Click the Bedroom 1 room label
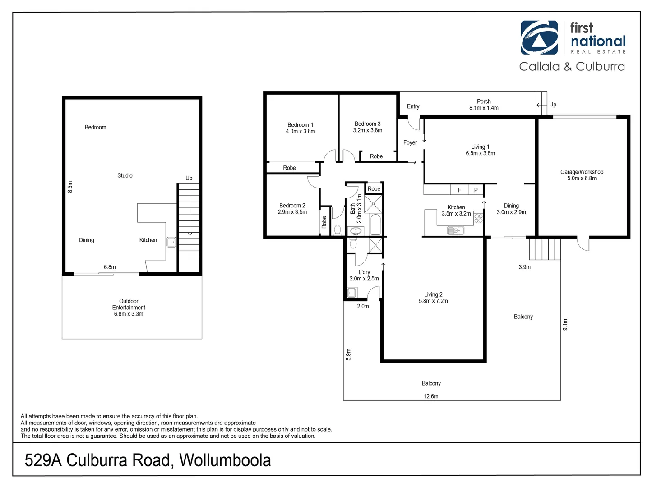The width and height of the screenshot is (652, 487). [x=300, y=125]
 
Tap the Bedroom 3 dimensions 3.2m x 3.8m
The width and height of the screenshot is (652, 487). [x=367, y=130]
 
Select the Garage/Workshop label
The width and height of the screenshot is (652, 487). [x=582, y=172]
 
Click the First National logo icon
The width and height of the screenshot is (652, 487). [x=539, y=37]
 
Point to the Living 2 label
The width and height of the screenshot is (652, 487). [x=433, y=294]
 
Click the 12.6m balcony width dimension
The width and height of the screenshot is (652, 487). [x=431, y=396]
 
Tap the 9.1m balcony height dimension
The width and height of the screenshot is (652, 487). [x=565, y=324]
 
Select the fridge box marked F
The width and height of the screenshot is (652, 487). [x=459, y=190]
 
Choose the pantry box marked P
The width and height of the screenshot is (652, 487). [x=476, y=190]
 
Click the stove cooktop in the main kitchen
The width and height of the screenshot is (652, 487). [x=478, y=218]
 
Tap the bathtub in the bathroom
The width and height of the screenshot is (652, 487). [x=375, y=225]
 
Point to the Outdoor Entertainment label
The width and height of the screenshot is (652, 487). [x=129, y=304]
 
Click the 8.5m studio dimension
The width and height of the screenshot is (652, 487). [x=70, y=187]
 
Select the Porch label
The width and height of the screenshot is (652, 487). [x=484, y=101]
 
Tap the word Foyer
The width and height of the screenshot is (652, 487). [x=410, y=142]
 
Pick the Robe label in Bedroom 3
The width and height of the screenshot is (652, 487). [x=376, y=156]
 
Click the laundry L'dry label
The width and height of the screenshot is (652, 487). [x=364, y=272]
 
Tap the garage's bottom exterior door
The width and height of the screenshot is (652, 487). [x=583, y=244]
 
